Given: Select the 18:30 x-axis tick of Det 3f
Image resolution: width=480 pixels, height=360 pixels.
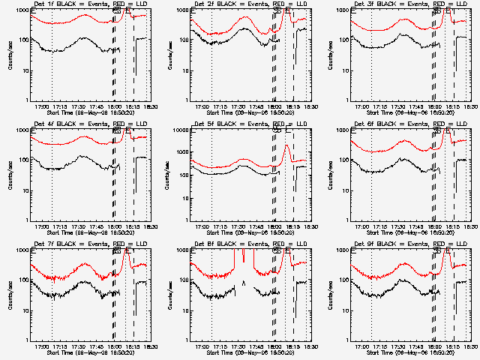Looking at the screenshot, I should (x=466, y=106).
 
